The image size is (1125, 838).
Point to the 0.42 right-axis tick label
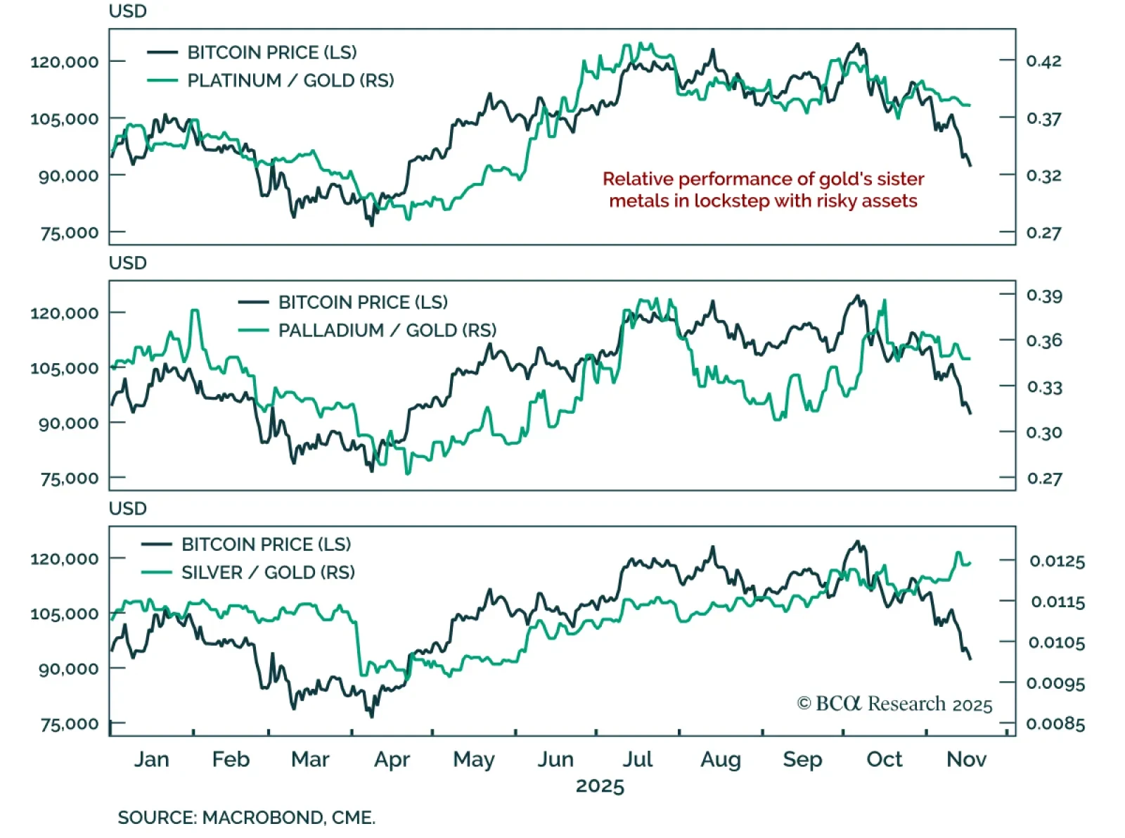1043,61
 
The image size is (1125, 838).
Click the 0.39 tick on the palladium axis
1043,296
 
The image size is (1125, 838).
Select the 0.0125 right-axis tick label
1057,561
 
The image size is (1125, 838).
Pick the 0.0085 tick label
1055,724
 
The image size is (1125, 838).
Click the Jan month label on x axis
152,759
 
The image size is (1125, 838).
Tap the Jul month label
638,759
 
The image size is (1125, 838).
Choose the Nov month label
966,759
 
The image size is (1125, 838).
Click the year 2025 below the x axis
600,786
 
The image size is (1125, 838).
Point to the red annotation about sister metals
763,190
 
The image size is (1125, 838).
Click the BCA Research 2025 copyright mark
894,704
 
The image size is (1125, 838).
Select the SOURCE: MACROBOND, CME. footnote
246,818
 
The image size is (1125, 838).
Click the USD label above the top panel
127,12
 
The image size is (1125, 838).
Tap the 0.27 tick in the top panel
1043,233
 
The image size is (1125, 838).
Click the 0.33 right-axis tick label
1043,388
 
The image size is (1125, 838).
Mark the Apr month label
392,759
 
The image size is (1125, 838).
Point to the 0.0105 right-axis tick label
1057,643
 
